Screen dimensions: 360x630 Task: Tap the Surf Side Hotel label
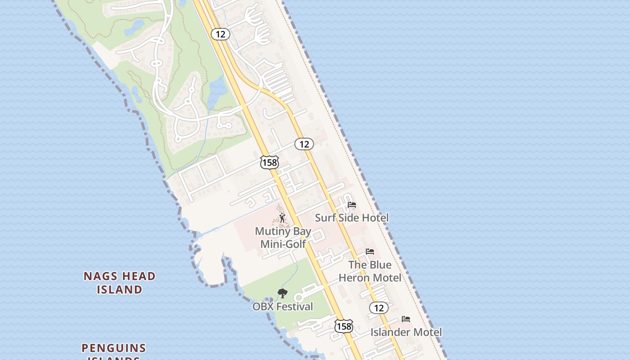click(351, 218)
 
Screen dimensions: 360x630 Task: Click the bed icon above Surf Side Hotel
click(352, 205)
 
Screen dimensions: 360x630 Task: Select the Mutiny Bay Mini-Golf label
click(283, 238)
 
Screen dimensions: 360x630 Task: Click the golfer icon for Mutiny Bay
click(282, 218)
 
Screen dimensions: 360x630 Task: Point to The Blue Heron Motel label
click(370, 271)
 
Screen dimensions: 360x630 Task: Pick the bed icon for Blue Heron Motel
click(370, 252)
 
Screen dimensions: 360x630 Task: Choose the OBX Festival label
click(283, 306)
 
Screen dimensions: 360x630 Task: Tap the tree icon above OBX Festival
click(283, 293)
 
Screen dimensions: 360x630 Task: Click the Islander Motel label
click(406, 332)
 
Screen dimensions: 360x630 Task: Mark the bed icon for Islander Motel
click(406, 319)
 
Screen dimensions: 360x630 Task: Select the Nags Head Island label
click(120, 283)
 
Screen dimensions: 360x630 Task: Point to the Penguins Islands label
click(114, 351)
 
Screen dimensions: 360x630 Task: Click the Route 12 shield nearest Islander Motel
click(379, 308)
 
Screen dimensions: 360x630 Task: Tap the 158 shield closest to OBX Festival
click(344, 326)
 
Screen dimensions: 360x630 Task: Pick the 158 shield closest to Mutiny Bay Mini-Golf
click(270, 162)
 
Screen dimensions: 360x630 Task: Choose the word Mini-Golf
click(283, 244)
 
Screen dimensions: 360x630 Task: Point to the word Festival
click(295, 306)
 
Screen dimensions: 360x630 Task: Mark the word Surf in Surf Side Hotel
click(325, 218)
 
